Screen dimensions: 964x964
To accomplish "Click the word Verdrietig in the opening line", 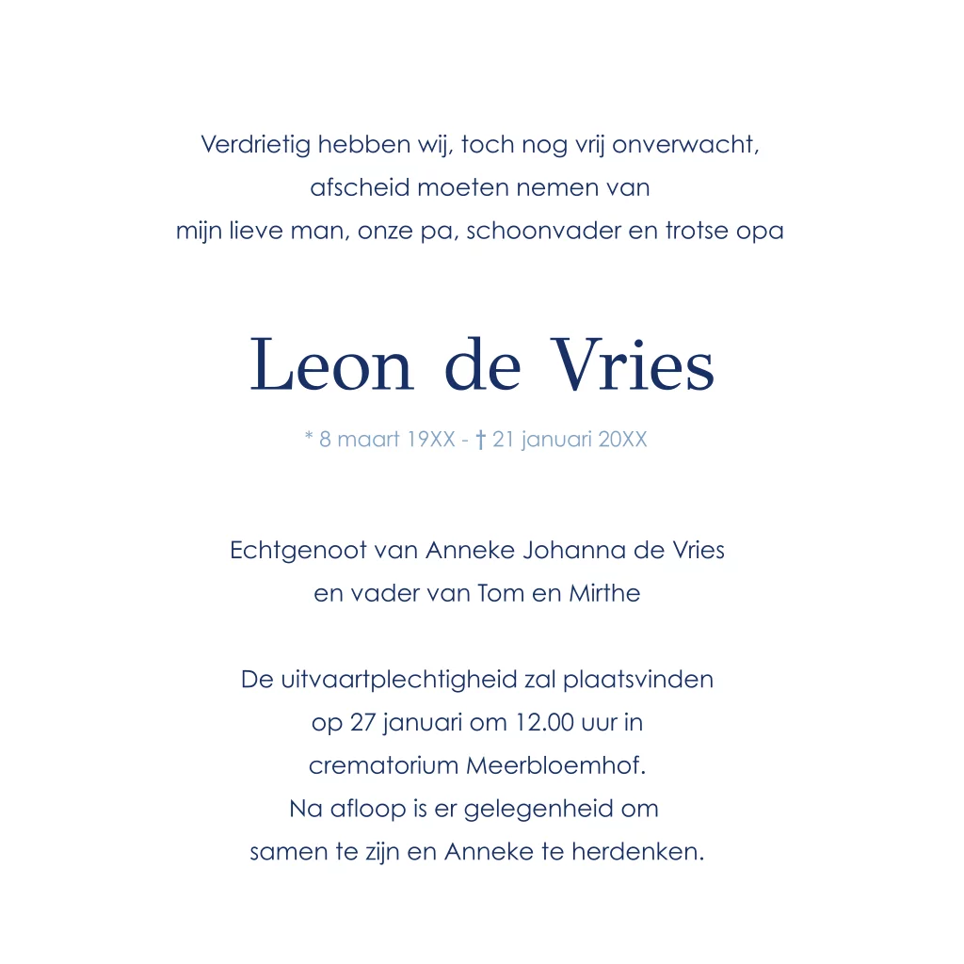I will tap(255, 145).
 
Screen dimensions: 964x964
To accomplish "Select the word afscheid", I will tap(360, 187).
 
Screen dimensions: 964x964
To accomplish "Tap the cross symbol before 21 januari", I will tap(480, 440).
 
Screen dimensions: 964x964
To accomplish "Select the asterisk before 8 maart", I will tap(309, 439).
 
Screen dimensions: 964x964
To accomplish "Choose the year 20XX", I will tap(622, 440).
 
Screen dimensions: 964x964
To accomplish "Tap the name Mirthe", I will tap(604, 593).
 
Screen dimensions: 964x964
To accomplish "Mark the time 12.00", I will tap(542, 722).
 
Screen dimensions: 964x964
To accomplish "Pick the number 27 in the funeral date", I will tap(362, 722).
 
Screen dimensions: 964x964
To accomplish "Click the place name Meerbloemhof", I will tap(555, 765).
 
